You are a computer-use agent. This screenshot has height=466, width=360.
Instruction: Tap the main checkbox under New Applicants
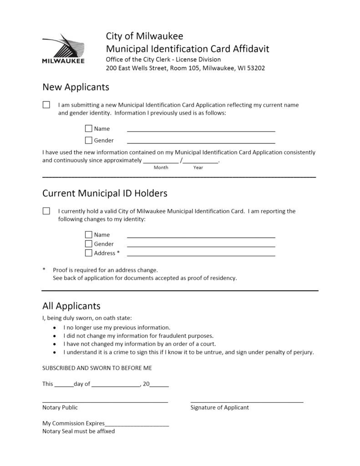[x=46, y=105]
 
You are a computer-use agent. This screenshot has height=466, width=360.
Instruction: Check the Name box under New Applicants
[x=89, y=129]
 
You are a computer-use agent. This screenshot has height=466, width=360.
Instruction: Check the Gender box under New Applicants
[x=89, y=140]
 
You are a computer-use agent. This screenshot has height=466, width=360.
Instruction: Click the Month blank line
[x=161, y=161]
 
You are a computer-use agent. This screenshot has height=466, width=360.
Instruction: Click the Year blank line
[x=201, y=161]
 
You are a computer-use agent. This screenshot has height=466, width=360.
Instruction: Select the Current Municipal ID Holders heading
[x=105, y=193]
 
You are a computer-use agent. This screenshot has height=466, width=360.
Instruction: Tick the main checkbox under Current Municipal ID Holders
[x=46, y=211]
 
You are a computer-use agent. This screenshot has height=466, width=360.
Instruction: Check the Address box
[x=89, y=253]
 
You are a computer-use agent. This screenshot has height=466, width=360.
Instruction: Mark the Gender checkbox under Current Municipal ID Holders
[x=89, y=244]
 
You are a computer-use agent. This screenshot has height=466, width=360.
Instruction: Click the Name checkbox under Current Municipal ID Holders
[x=89, y=235]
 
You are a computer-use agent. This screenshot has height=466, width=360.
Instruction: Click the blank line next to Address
[x=201, y=255]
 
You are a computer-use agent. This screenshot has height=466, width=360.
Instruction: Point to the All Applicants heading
[x=71, y=306]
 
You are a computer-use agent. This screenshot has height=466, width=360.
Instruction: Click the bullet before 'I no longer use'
[x=55, y=328]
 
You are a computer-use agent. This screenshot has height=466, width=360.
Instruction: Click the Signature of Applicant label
[x=219, y=408]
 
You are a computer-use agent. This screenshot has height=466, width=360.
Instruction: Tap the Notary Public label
[x=60, y=408]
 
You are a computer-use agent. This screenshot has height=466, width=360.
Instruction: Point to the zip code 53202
[x=255, y=68]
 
